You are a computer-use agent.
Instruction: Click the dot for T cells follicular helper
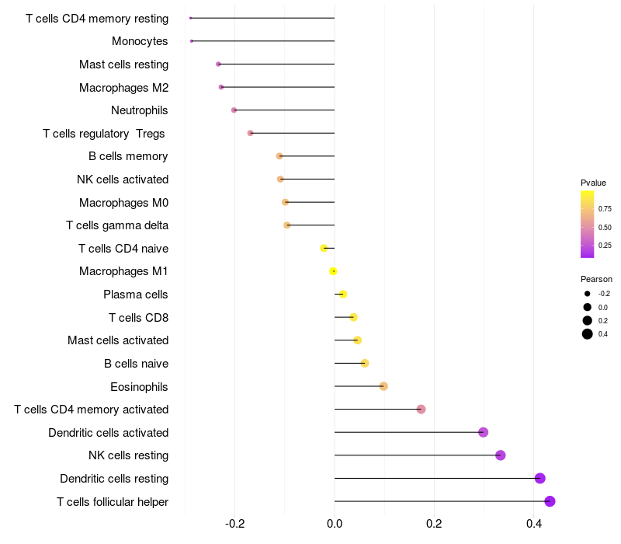[x=550, y=501]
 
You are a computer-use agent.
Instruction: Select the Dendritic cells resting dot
[x=540, y=479]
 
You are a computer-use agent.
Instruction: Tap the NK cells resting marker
[x=501, y=455]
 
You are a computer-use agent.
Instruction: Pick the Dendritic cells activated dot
[x=483, y=432]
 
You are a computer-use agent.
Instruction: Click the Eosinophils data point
[x=383, y=386]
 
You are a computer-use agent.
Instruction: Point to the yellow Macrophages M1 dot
[x=333, y=271]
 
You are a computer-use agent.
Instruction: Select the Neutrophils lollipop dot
[x=234, y=110]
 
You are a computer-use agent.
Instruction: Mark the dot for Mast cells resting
[x=218, y=64]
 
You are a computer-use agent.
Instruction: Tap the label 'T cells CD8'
[x=138, y=317]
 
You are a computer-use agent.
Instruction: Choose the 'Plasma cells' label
[x=136, y=295]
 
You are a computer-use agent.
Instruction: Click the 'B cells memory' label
[x=128, y=156]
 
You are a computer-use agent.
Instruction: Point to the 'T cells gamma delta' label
[x=117, y=225]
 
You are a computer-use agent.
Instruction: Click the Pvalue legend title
[x=593, y=183]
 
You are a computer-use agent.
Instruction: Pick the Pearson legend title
[x=596, y=279]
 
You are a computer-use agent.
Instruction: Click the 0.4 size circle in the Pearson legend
[x=588, y=334]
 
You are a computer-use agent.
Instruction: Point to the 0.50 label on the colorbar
[x=605, y=227]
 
